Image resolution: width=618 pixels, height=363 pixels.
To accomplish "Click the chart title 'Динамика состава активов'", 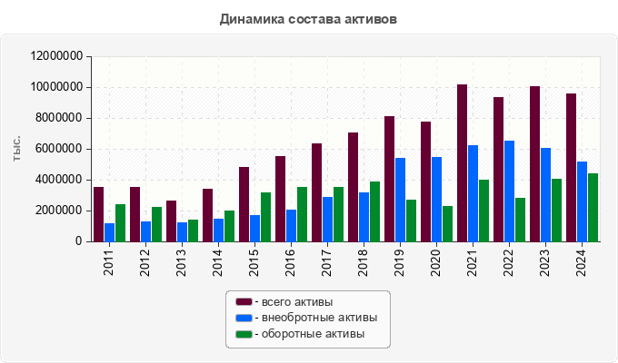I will click(x=308, y=18).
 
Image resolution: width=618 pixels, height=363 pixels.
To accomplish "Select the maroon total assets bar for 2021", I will click(x=462, y=163).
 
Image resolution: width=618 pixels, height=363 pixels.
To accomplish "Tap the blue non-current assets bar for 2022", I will click(x=509, y=191).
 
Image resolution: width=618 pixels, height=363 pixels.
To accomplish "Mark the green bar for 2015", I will click(x=265, y=217).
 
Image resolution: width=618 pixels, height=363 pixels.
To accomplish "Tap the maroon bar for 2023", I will click(x=534, y=164).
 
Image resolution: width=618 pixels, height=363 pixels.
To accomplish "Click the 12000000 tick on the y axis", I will click(x=57, y=56).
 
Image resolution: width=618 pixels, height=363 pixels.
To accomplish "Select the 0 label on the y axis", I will click(x=79, y=241).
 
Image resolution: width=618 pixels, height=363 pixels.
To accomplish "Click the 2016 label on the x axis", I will click(x=291, y=262).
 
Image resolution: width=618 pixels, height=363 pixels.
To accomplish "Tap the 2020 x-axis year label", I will click(x=436, y=262).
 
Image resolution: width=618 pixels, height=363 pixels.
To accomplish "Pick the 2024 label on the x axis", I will click(x=582, y=262).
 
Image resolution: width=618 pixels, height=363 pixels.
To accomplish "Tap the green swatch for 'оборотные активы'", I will click(x=244, y=334).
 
